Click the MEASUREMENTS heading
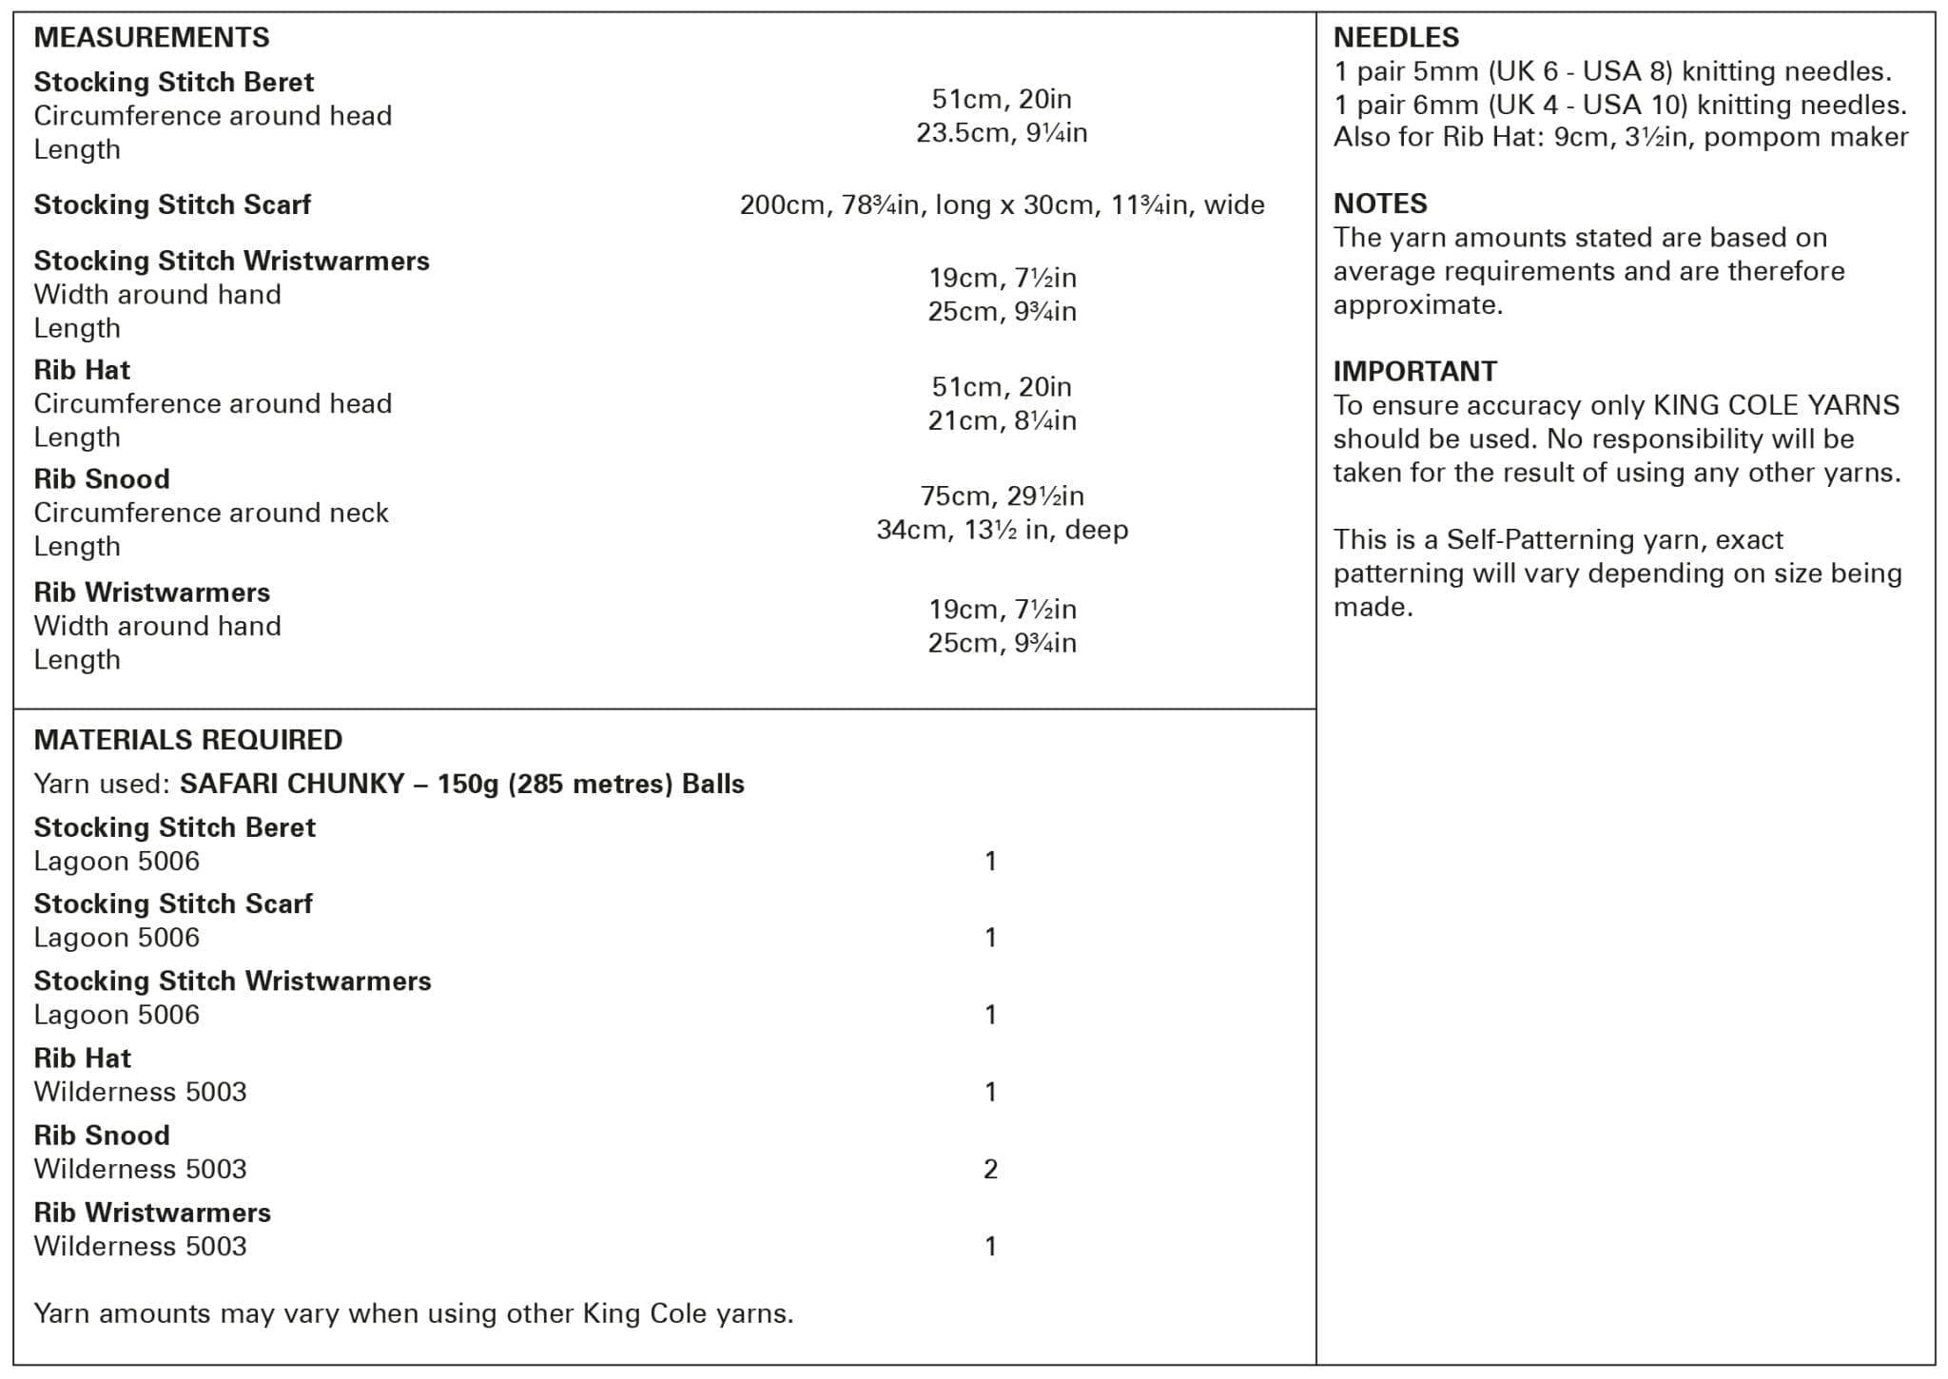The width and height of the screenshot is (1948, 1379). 151,37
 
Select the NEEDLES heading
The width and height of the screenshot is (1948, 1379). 1395,37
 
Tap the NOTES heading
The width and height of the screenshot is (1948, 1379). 1379,204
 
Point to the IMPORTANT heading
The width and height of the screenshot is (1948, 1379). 1414,371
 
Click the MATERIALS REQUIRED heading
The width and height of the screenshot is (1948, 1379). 187,740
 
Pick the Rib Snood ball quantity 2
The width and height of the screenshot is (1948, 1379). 990,1169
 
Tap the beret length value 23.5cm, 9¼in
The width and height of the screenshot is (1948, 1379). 1002,132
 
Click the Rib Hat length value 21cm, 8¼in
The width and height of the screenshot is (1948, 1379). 1002,420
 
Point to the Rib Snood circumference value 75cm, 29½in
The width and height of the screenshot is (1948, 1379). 1002,495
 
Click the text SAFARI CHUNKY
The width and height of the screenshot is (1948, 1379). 292,784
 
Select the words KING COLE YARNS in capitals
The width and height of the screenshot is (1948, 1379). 1776,405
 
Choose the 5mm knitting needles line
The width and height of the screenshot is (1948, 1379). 1611,71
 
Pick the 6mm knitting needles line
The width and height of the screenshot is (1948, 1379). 1619,105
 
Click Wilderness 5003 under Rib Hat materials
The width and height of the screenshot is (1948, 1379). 140,1092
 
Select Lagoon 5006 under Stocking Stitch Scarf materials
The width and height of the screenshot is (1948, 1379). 116,938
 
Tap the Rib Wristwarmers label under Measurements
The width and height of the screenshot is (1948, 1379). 151,592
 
